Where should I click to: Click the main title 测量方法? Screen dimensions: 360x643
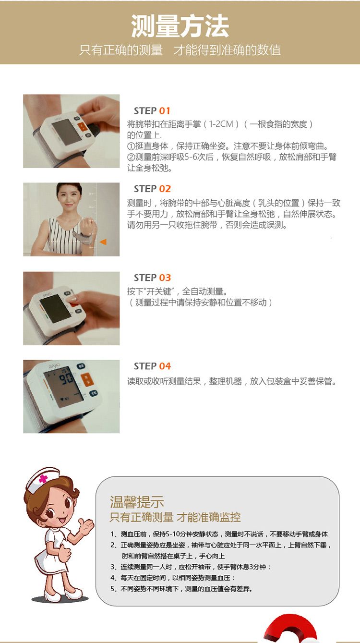coord(180,26)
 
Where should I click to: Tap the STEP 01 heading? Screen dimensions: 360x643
coord(152,111)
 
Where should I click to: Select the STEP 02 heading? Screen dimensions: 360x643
coord(152,189)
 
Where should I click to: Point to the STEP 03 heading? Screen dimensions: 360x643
coord(152,278)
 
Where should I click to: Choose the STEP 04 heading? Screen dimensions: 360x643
coord(152,366)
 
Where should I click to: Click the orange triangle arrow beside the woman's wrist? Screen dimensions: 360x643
coord(103,242)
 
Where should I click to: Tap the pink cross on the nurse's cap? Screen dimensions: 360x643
coord(43,479)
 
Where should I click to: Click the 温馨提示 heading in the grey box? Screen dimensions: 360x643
coord(137,502)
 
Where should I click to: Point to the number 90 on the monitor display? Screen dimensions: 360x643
coord(66,378)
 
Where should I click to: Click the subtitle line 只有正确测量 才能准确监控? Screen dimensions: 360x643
coord(175,517)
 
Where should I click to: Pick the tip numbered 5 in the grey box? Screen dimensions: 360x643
coord(181,589)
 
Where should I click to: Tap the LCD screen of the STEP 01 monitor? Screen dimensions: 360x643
coord(67,132)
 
